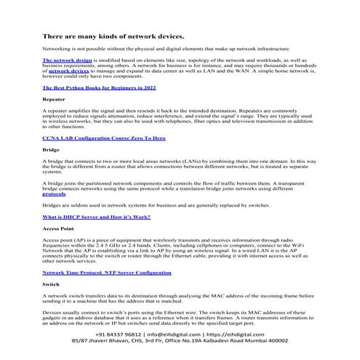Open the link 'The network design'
coord(65,60)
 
